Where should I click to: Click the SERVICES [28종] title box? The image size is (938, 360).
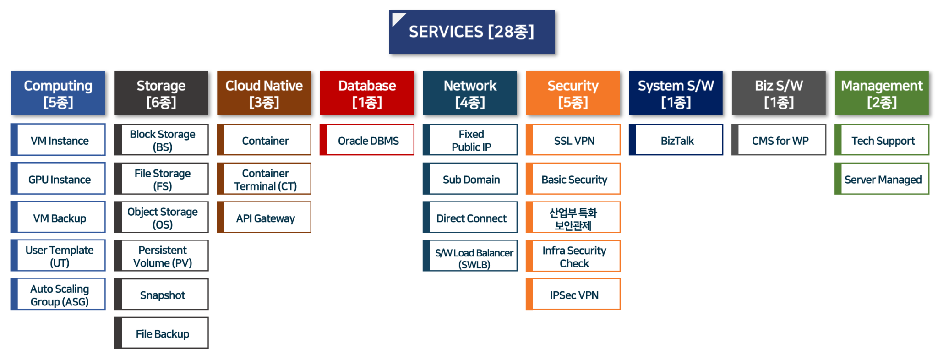coord(472,32)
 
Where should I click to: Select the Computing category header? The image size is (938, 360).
coord(58,93)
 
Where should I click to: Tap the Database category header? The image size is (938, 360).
coord(367,93)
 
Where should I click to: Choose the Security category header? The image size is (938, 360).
coord(573,93)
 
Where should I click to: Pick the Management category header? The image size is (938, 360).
coord(882,93)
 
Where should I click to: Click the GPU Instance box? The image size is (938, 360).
coord(59,179)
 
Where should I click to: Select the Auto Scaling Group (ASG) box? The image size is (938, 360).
coord(59,295)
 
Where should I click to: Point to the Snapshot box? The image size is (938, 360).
coord(162,295)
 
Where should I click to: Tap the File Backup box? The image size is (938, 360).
coord(162,333)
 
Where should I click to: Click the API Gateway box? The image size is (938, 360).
coord(265,218)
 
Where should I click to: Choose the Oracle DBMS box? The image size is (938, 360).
coord(368,140)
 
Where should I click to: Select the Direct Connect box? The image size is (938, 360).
coord(471,218)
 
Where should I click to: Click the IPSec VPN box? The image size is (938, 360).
coord(574,295)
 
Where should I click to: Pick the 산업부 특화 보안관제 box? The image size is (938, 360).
coord(574,218)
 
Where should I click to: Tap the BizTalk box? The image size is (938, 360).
coord(677,140)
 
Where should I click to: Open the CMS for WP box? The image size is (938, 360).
coord(780,140)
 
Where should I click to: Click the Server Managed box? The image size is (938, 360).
coord(883,179)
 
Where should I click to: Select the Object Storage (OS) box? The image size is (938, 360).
coord(162,218)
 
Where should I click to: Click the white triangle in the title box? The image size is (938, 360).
coord(397,19)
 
